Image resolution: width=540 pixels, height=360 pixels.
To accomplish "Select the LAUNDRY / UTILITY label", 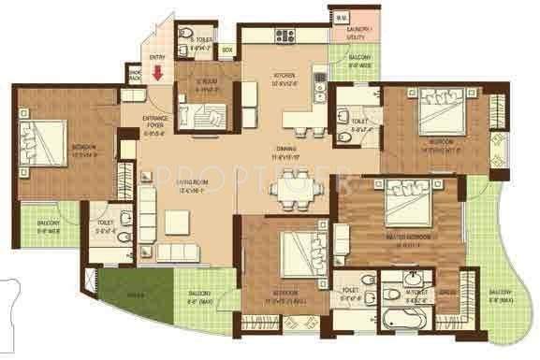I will (362, 34).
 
